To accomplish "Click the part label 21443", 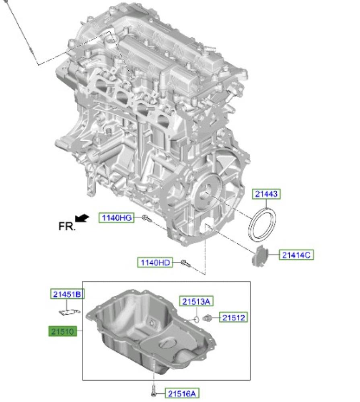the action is coord(266,194).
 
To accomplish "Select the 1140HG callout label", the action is coord(117,218).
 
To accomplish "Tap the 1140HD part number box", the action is coord(155,262).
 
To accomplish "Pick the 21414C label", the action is coord(296,255).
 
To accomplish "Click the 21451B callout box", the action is coord(67,294).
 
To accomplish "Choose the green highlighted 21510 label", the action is coord(63,331).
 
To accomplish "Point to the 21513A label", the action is coord(196,301).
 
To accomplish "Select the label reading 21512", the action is coord(234,318).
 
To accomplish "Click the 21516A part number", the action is coord(182,393).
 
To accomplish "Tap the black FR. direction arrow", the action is coord(82,218).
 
